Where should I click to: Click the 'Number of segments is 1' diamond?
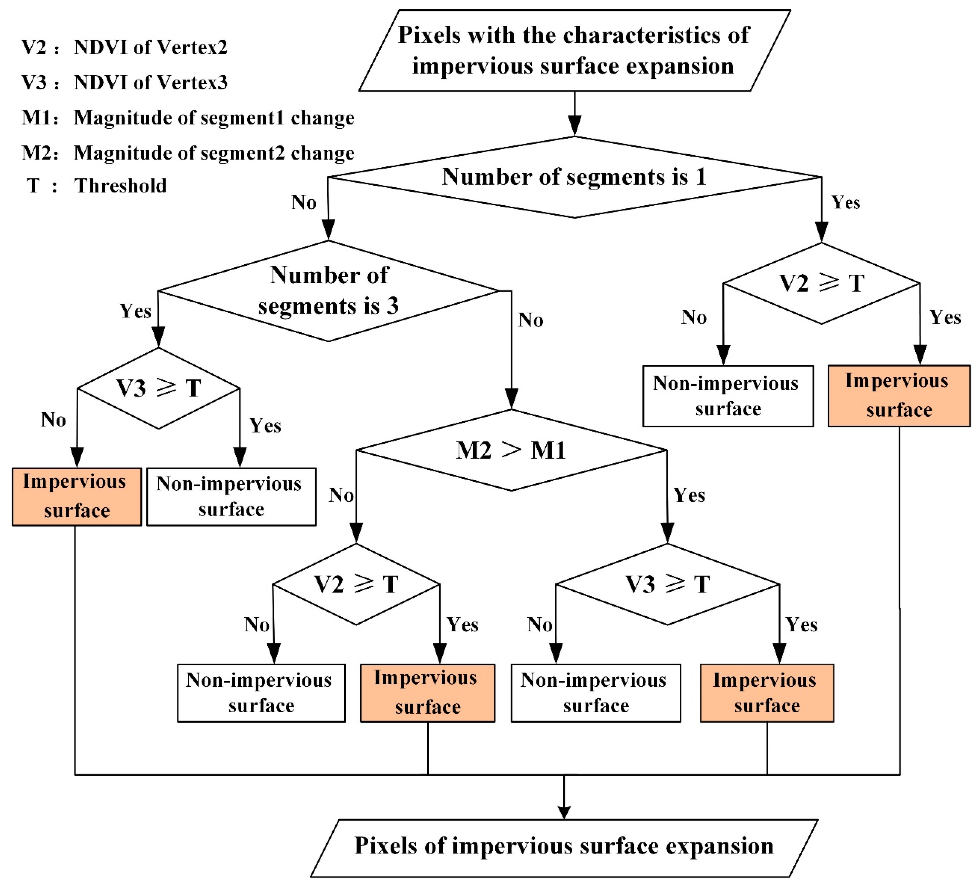coord(574,177)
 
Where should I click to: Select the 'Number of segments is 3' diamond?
coord(328,291)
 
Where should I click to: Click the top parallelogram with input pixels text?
coord(574,50)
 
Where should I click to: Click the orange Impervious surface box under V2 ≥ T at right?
coord(899,396)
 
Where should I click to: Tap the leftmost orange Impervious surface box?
coord(77,497)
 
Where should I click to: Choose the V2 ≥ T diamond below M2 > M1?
coord(356,584)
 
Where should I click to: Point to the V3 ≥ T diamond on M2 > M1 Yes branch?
coord(668,584)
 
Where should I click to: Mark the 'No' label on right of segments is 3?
coord(530,320)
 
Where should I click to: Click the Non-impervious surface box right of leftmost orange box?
coord(231,497)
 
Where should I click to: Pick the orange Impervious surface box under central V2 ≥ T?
coord(427,693)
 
